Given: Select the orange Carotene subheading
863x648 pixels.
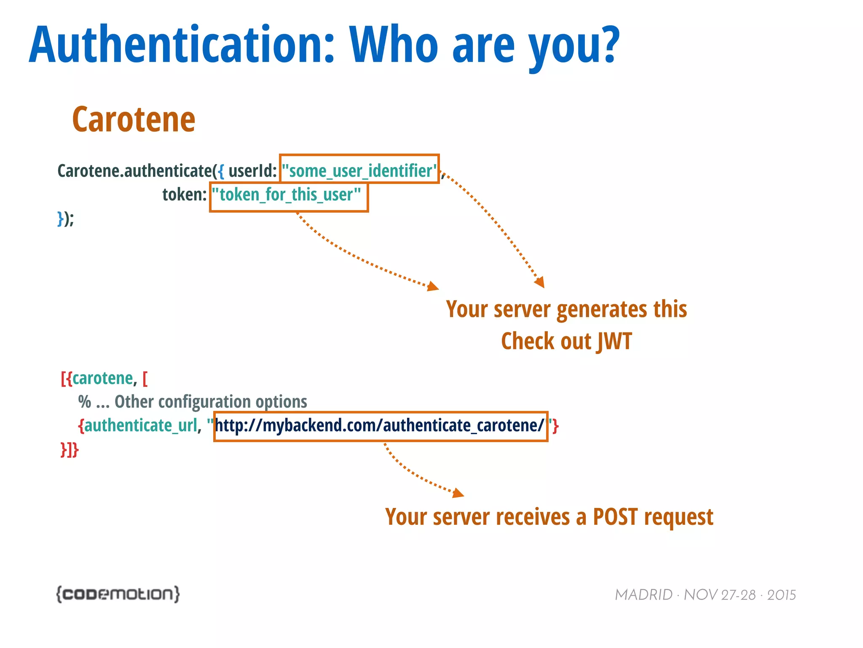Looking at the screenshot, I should [x=134, y=120].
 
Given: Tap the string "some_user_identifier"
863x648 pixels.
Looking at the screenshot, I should [x=359, y=171].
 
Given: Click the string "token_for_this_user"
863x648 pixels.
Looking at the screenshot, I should [x=287, y=195].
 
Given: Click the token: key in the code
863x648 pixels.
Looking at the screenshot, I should [x=185, y=195].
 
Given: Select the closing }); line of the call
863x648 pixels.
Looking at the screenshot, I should [x=66, y=219].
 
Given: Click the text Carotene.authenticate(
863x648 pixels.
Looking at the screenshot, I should [x=137, y=171].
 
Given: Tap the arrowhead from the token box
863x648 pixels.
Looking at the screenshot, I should [x=433, y=286].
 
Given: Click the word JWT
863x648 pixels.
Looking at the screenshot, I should [x=615, y=341].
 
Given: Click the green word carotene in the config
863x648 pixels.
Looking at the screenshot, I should [x=102, y=378].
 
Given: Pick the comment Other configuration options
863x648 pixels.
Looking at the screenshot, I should [x=210, y=402].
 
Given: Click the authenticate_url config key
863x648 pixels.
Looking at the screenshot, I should [x=141, y=425].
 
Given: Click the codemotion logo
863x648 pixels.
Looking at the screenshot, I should [x=118, y=594].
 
